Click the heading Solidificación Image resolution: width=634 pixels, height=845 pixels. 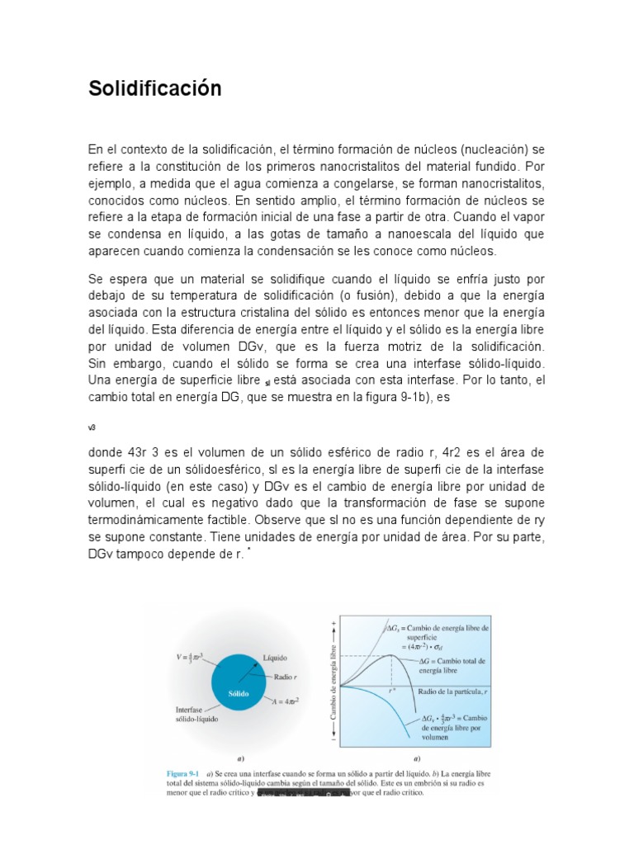pyautogui.click(x=155, y=88)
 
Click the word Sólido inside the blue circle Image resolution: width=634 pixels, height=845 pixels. pyautogui.click(x=239, y=693)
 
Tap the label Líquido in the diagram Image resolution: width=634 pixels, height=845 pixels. pyautogui.click(x=275, y=658)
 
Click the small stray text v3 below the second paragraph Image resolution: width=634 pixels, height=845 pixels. pyautogui.click(x=92, y=427)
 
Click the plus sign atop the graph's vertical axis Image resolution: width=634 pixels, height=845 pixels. pyautogui.click(x=334, y=620)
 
